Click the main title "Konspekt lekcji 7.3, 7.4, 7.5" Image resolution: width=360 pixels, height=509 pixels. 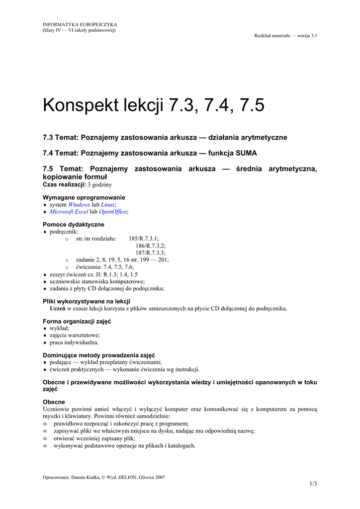pos(154,105)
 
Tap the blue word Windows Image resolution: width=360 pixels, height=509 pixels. pos(79,204)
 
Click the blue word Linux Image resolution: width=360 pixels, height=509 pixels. pos(107,204)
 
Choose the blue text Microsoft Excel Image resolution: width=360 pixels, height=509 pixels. pos(69,212)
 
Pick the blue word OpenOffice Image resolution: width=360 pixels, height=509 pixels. pos(113,212)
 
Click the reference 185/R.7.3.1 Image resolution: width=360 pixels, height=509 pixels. pos(144,239)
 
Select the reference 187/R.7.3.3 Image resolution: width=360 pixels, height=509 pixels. pos(150,253)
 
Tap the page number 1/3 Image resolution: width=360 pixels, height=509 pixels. pos(313,484)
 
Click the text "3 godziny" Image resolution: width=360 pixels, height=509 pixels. pos(100,184)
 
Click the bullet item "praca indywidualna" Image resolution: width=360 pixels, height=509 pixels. pos(74,342)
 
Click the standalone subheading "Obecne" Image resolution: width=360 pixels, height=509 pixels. pos(54,402)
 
